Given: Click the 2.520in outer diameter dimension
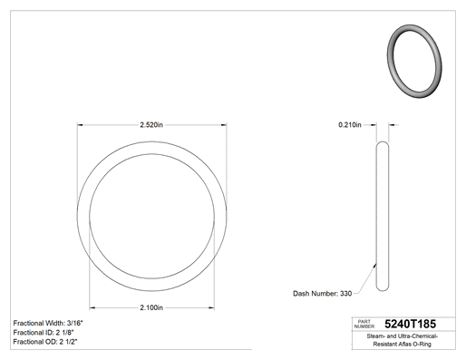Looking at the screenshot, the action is point(151,125).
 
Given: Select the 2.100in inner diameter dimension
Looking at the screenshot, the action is point(151,307).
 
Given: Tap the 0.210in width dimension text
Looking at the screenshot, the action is point(350,125).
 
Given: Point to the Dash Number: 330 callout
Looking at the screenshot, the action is point(322,294).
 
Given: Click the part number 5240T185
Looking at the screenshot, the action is point(410,324).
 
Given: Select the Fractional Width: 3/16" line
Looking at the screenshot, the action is point(48,323).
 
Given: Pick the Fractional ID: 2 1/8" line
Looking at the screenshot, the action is point(44,333).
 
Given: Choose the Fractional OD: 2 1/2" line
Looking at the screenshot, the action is point(45,342).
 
